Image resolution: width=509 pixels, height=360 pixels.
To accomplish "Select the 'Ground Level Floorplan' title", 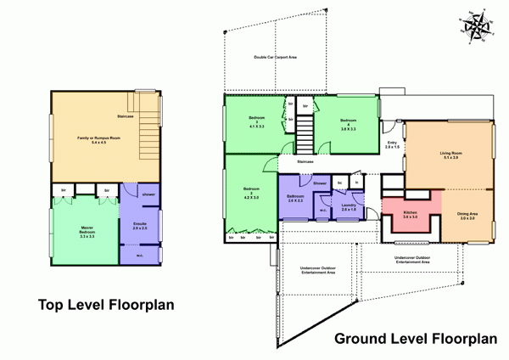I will tap(415, 339).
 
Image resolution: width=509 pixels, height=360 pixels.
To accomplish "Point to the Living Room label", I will tap(450, 155).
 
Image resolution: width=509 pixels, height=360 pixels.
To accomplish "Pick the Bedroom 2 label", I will tap(250, 194).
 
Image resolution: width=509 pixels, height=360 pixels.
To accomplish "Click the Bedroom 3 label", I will tap(256, 122).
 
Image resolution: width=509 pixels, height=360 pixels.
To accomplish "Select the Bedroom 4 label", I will tap(347, 124).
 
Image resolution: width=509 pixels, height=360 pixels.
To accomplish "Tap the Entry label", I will tap(391, 145).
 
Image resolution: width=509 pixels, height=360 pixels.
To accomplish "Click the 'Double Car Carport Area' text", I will tap(276, 57).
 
